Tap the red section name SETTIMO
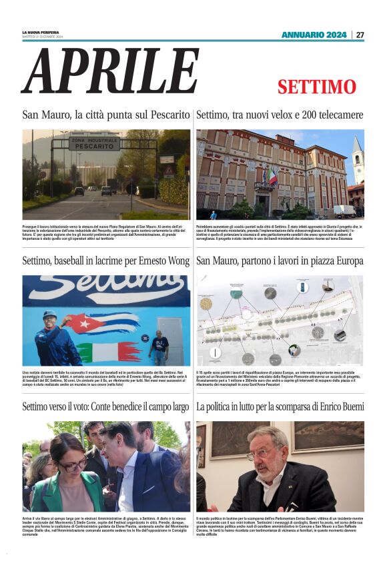317,87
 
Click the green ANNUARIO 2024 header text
314,35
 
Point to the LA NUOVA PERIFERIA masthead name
41,32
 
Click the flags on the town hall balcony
272,176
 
